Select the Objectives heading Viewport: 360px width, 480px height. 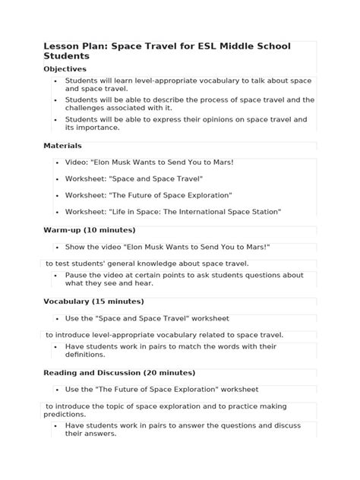pos(65,69)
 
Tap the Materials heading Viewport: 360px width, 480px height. pos(62,145)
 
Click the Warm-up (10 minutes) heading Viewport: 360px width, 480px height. pos(90,229)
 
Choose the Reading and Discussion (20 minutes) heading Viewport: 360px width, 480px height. pos(119,373)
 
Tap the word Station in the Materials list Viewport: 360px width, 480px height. pos(263,212)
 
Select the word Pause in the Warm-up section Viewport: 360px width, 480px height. pos(77,275)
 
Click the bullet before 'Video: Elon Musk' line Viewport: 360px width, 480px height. pos(56,163)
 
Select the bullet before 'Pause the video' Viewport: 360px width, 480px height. pos(56,275)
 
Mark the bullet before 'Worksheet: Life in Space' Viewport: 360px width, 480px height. pos(56,213)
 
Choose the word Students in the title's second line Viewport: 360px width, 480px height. pos(67,56)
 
